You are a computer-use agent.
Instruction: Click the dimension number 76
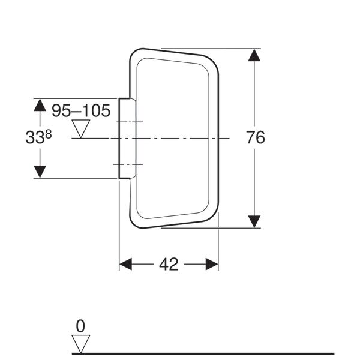tap(256, 137)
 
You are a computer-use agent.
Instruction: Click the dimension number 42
tap(169, 264)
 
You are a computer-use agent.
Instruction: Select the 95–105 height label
tap(81, 110)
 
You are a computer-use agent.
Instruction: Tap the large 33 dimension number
tap(35, 138)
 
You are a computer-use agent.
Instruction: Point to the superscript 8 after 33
tap(49, 134)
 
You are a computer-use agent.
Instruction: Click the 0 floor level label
tap(80, 326)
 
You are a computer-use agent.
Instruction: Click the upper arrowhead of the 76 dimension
tap(254, 55)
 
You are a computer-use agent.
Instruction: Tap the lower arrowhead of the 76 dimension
tap(254, 222)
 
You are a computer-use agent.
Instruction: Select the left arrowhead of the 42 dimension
tap(125, 264)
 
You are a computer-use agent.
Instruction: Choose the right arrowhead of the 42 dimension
tap(212, 264)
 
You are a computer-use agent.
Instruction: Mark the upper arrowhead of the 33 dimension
tap(40, 105)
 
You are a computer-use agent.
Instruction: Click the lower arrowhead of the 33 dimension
tap(40, 172)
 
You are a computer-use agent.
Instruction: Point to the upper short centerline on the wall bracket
tap(130, 121)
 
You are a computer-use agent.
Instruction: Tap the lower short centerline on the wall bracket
tap(128, 164)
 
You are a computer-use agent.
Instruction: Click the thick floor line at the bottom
tap(203, 353)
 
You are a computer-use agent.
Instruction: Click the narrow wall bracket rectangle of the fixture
tap(127, 138)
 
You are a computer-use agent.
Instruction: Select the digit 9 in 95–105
tap(56, 110)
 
